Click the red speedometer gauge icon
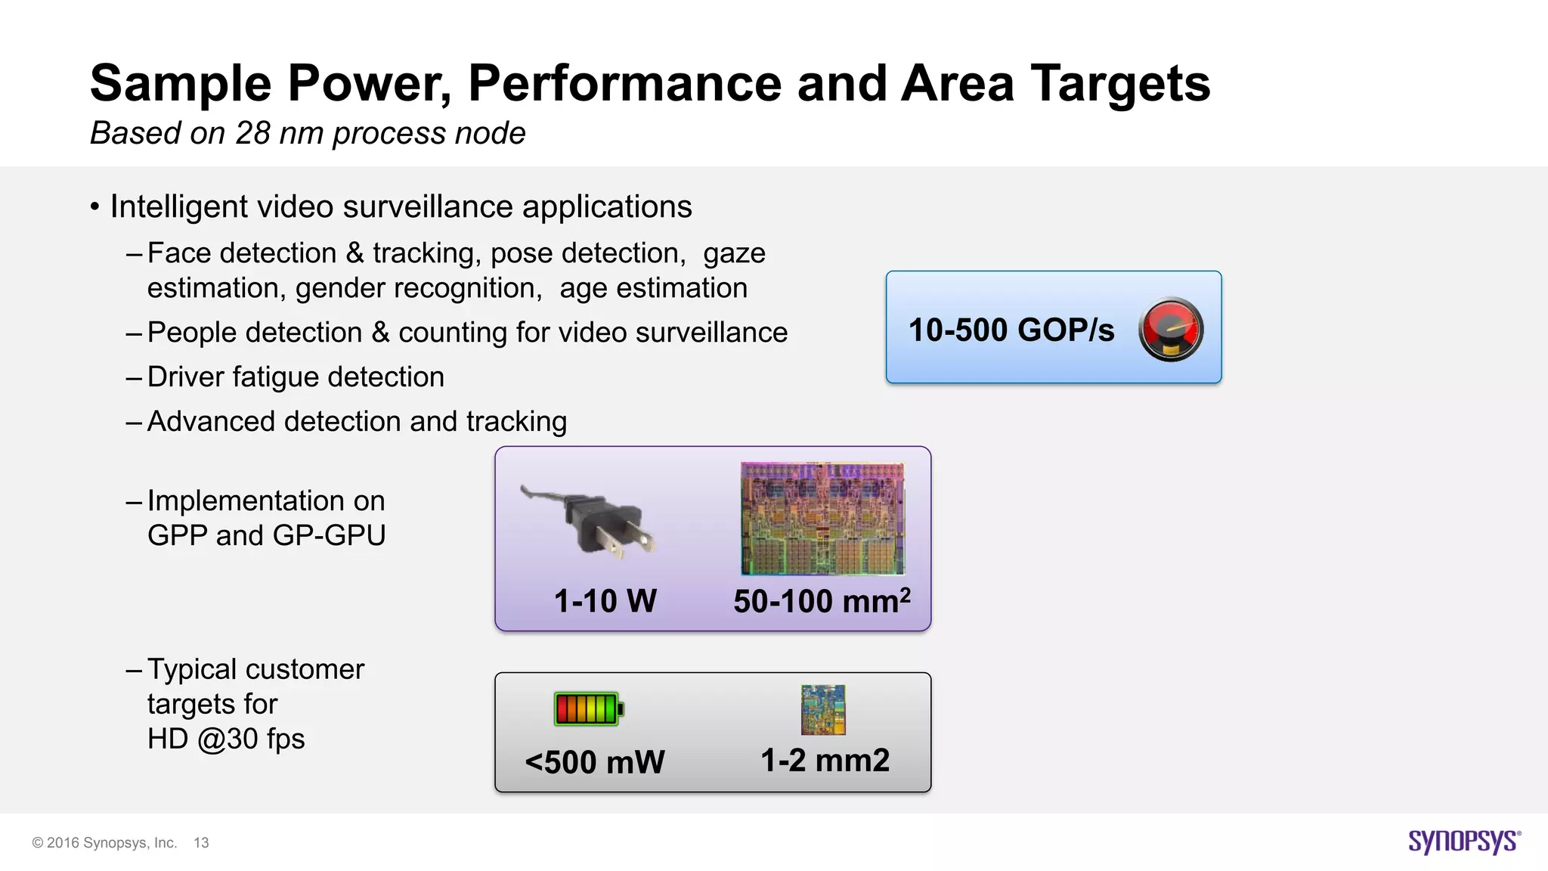pos(1171,330)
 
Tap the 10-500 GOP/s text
pos(1011,330)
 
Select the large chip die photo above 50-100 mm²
pos(822,519)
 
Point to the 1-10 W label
pos(605,602)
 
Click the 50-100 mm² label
pos(822,602)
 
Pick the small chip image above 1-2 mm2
pos(823,710)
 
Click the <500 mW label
pos(595,762)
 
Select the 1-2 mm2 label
pos(825,761)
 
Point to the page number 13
pos(201,843)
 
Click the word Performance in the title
pos(625,83)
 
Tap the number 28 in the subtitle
pos(252,134)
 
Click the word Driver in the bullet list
pos(186,377)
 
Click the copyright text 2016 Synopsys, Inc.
pos(111,843)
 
